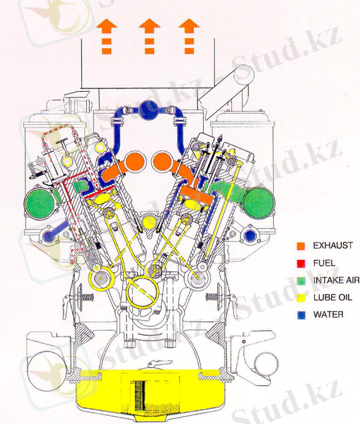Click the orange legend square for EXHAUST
pos(301,246)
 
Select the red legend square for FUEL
pos(301,264)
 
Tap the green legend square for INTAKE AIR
pos(301,281)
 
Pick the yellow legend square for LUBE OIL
pos(301,298)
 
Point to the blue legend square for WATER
pos(301,315)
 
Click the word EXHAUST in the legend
pos(333,245)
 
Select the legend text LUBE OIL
pos(332,298)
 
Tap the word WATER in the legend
pos(328,314)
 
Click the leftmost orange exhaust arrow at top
pos(107,36)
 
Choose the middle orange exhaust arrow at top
pos(149,36)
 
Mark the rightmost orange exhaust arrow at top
pos(190,36)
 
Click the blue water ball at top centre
pos(149,110)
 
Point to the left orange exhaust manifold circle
pos(135,161)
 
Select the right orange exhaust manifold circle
pos(163,161)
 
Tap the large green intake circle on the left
pos(40,203)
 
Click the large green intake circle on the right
pos(259,203)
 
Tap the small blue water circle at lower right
pos(250,235)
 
